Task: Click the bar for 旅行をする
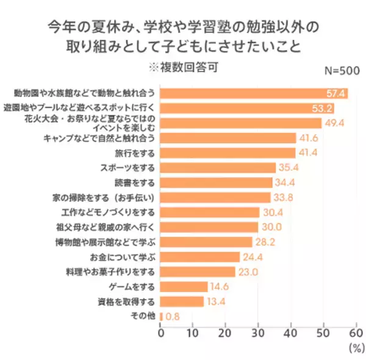tap(228, 153)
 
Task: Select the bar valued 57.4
tap(254, 93)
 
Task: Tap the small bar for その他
tap(162, 316)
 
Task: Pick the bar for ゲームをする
tap(184, 286)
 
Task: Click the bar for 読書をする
tap(216, 182)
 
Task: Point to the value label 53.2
tap(322, 109)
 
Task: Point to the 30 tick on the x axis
tap(258, 333)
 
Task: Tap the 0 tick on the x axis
tap(161, 333)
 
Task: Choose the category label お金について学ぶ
tap(123, 256)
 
